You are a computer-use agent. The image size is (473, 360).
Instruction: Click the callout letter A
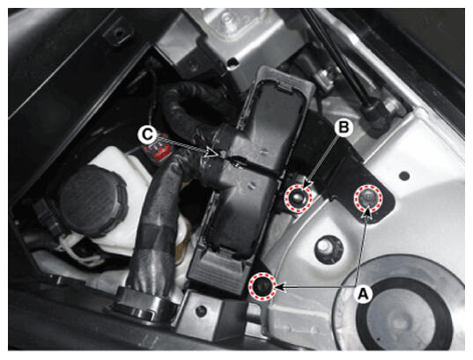click(363, 293)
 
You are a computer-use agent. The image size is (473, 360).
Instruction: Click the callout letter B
click(344, 128)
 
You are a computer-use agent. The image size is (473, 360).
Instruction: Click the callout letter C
click(147, 135)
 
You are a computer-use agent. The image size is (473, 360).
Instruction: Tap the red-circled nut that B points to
click(298, 199)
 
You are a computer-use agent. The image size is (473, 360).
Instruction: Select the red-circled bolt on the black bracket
click(368, 198)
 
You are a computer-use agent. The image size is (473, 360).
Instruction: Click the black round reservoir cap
click(92, 201)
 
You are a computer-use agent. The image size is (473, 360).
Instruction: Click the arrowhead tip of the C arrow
click(218, 155)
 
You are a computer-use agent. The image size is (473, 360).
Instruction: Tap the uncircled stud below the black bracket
click(327, 246)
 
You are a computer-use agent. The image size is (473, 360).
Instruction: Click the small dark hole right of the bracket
click(404, 175)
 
